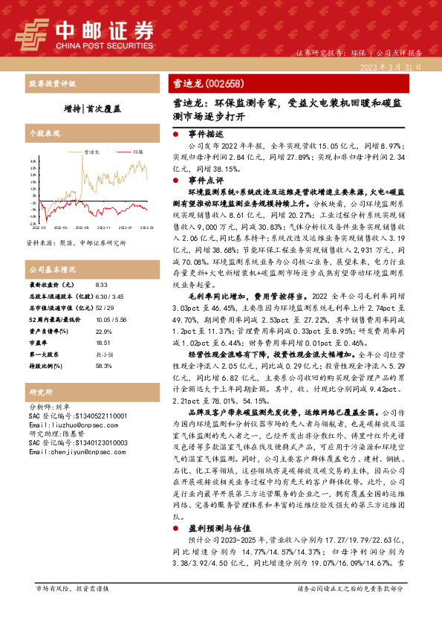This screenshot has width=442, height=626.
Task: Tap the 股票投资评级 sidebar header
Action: (x=51, y=83)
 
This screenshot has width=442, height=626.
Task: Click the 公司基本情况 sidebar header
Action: (x=53, y=268)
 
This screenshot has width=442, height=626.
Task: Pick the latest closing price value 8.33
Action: (x=102, y=285)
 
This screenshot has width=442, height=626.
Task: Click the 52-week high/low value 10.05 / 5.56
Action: (x=111, y=319)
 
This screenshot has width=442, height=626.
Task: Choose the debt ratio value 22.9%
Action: (x=103, y=331)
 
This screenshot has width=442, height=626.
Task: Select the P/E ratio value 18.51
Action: (x=103, y=343)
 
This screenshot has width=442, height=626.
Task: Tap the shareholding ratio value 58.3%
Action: (x=103, y=365)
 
